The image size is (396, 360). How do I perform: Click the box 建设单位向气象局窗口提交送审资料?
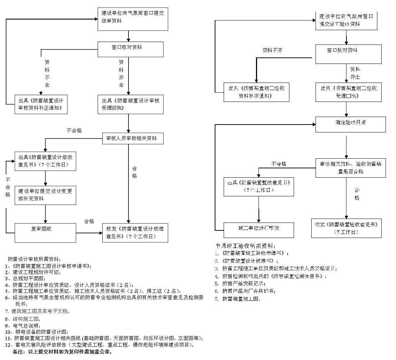coord(132,19)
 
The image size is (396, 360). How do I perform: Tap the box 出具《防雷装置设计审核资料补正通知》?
coord(41,104)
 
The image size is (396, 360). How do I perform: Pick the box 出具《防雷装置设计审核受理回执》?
coord(130,104)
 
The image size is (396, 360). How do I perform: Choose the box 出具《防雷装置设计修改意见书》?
coord(45,161)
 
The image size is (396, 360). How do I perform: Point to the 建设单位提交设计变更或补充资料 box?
coord(45,195)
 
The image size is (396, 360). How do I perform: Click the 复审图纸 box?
coord(45,232)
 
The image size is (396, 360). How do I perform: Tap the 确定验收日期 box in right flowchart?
coord(350,124)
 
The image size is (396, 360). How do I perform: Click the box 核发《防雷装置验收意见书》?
coord(346,228)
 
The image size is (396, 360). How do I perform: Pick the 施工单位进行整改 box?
coord(258,229)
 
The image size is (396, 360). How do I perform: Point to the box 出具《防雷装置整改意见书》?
coord(258,186)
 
